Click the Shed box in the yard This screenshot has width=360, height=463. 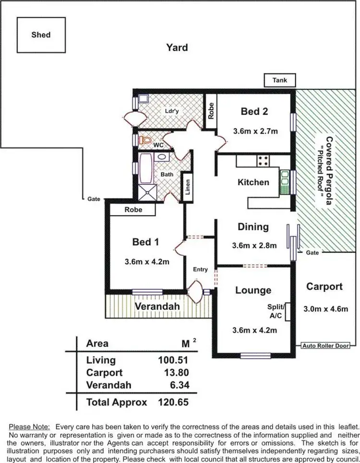(x=41, y=35)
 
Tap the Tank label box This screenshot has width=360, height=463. (x=279, y=80)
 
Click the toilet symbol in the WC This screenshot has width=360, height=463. (x=145, y=140)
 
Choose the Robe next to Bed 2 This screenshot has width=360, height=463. (x=210, y=111)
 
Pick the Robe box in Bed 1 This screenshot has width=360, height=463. (x=133, y=210)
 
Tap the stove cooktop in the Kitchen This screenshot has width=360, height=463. (x=263, y=161)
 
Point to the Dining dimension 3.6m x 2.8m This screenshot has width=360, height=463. (x=254, y=245)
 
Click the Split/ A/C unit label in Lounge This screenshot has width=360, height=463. (x=277, y=311)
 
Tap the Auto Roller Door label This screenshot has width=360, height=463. (x=325, y=345)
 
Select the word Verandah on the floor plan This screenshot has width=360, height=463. (x=157, y=306)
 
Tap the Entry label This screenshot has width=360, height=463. (x=200, y=269)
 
